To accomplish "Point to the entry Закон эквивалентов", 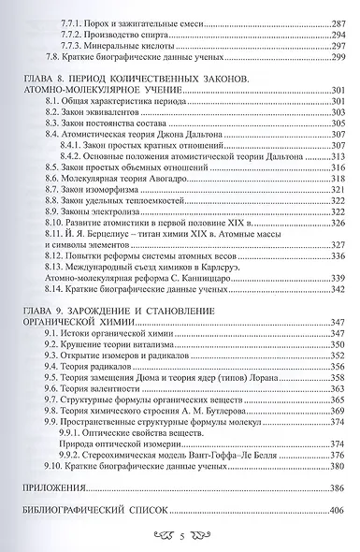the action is pos(108,110).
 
